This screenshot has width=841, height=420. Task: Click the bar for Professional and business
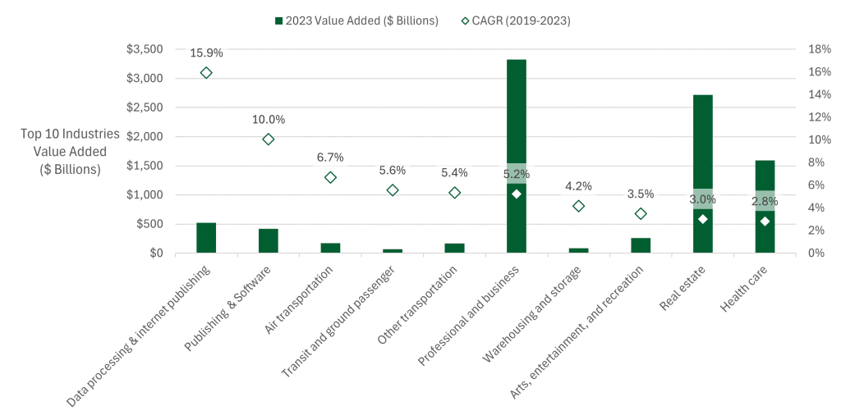pos(516,156)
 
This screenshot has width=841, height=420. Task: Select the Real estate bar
pos(703,174)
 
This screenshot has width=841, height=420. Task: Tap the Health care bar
pos(765,206)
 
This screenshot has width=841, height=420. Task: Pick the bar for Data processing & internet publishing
pos(206,238)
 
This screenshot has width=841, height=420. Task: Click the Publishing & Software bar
pos(269,240)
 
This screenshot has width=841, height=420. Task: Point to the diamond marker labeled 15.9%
pos(206,73)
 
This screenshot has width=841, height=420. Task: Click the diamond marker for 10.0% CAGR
pos(269,139)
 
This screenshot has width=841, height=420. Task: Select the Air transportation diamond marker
pos(330,177)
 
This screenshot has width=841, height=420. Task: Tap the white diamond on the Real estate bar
pos(703,219)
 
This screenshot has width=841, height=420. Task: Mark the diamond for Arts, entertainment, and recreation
pos(641,214)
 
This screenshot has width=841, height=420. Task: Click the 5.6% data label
pos(392,171)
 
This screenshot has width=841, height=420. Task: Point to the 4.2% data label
pos(578,186)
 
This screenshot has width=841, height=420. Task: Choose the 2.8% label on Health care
pos(765,202)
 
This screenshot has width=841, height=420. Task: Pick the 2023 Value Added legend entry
pos(356,21)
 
